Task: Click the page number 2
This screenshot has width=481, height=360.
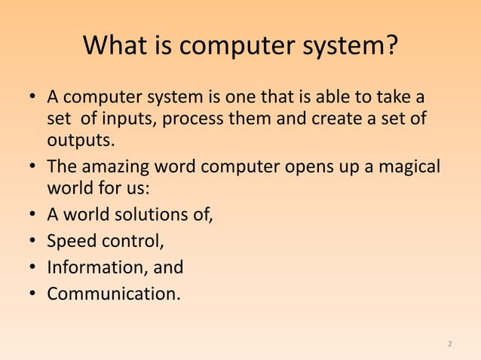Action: coord(450,344)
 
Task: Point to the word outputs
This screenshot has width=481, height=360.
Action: coord(81,142)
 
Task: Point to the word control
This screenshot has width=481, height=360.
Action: coord(129,243)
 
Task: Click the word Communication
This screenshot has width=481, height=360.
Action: coord(113,293)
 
